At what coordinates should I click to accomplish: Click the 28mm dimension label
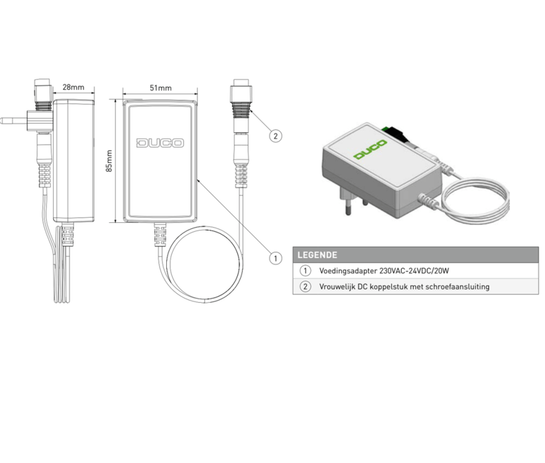74,87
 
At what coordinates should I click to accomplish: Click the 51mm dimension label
160,88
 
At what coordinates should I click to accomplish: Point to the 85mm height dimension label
109,161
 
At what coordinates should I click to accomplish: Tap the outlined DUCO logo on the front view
160,143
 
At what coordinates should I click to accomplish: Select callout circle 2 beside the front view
275,136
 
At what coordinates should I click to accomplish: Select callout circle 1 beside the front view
275,258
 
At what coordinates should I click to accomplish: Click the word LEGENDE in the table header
317,255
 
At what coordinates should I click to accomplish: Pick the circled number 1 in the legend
305,271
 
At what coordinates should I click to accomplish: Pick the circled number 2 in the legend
305,286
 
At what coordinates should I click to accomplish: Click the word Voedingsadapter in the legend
348,271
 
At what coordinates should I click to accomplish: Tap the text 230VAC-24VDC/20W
415,271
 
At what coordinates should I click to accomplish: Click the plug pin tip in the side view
2,121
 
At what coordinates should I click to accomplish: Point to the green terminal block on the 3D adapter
385,129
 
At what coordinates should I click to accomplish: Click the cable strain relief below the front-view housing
160,235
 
